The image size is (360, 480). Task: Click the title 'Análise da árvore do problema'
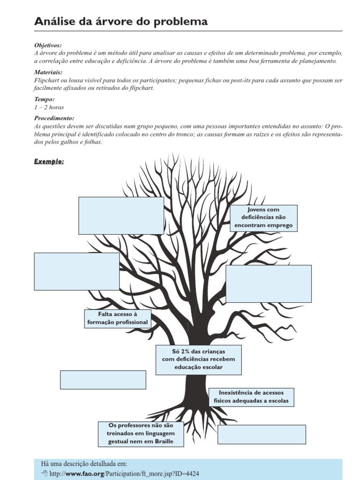pos(121,22)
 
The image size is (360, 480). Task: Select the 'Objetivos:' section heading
pos(48,45)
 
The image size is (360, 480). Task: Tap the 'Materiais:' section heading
pos(48,73)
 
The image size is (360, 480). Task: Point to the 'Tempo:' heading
pos(45,99)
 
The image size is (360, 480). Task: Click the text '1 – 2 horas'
pos(49,107)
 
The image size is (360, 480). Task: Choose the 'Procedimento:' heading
pos(54,119)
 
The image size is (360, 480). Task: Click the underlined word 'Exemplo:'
pos(49,162)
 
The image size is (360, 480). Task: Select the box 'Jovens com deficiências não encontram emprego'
pos(263,217)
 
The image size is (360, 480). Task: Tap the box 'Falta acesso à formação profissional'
pos(117,318)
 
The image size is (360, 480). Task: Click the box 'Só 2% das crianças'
pos(198,360)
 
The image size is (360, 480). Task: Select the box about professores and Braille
pos(141,434)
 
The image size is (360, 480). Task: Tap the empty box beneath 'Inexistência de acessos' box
pos(262,434)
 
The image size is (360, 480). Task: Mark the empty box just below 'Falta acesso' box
pos(103,380)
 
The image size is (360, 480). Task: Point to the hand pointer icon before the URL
pos(45,474)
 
